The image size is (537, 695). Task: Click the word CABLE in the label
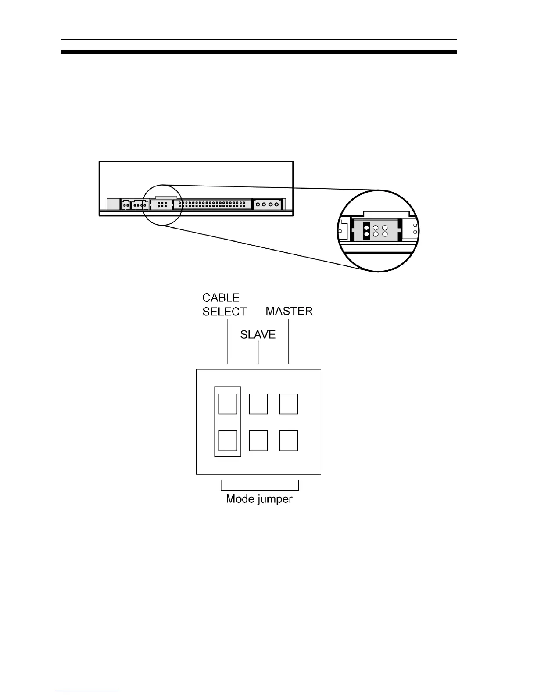[221, 298]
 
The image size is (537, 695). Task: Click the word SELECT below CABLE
[224, 312]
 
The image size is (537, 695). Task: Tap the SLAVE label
[258, 335]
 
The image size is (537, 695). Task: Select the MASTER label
[289, 312]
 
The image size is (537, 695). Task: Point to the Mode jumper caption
[259, 499]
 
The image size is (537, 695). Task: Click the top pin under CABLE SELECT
[228, 404]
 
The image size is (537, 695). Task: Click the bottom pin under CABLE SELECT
[228, 441]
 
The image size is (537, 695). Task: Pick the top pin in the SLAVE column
[258, 404]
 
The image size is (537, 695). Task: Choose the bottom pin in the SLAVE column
[258, 441]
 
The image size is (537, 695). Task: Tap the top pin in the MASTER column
[289, 404]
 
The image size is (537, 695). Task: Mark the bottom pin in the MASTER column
[289, 441]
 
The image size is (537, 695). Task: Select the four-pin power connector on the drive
[268, 204]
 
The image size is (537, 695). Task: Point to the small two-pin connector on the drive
[126, 204]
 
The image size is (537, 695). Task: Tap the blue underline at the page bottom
[87, 691]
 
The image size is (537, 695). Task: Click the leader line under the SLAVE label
[258, 353]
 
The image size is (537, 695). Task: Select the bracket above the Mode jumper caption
[260, 489]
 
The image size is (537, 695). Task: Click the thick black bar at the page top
[258, 52]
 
